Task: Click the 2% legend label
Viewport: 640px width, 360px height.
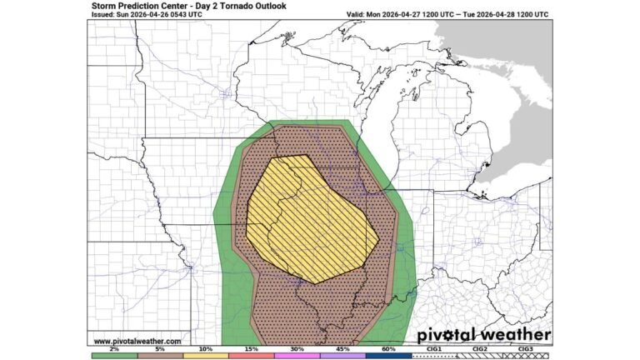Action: pos(112,349)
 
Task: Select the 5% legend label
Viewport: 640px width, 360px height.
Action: pos(159,349)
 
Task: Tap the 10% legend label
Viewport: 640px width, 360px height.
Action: pos(205,349)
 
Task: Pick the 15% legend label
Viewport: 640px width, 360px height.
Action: pos(251,349)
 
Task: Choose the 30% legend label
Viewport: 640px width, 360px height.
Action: pos(297,349)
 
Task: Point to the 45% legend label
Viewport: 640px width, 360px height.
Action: pos(342,349)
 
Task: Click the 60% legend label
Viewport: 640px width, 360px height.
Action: pos(388,349)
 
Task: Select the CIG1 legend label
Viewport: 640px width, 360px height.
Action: pos(434,349)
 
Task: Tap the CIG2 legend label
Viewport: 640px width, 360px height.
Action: pos(480,349)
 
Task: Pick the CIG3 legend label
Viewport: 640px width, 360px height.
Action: pos(526,349)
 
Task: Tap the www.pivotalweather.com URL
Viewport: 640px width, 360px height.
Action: pos(137,341)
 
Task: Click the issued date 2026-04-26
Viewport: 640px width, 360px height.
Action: pos(150,15)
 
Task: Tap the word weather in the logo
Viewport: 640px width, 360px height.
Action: pos(518,334)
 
